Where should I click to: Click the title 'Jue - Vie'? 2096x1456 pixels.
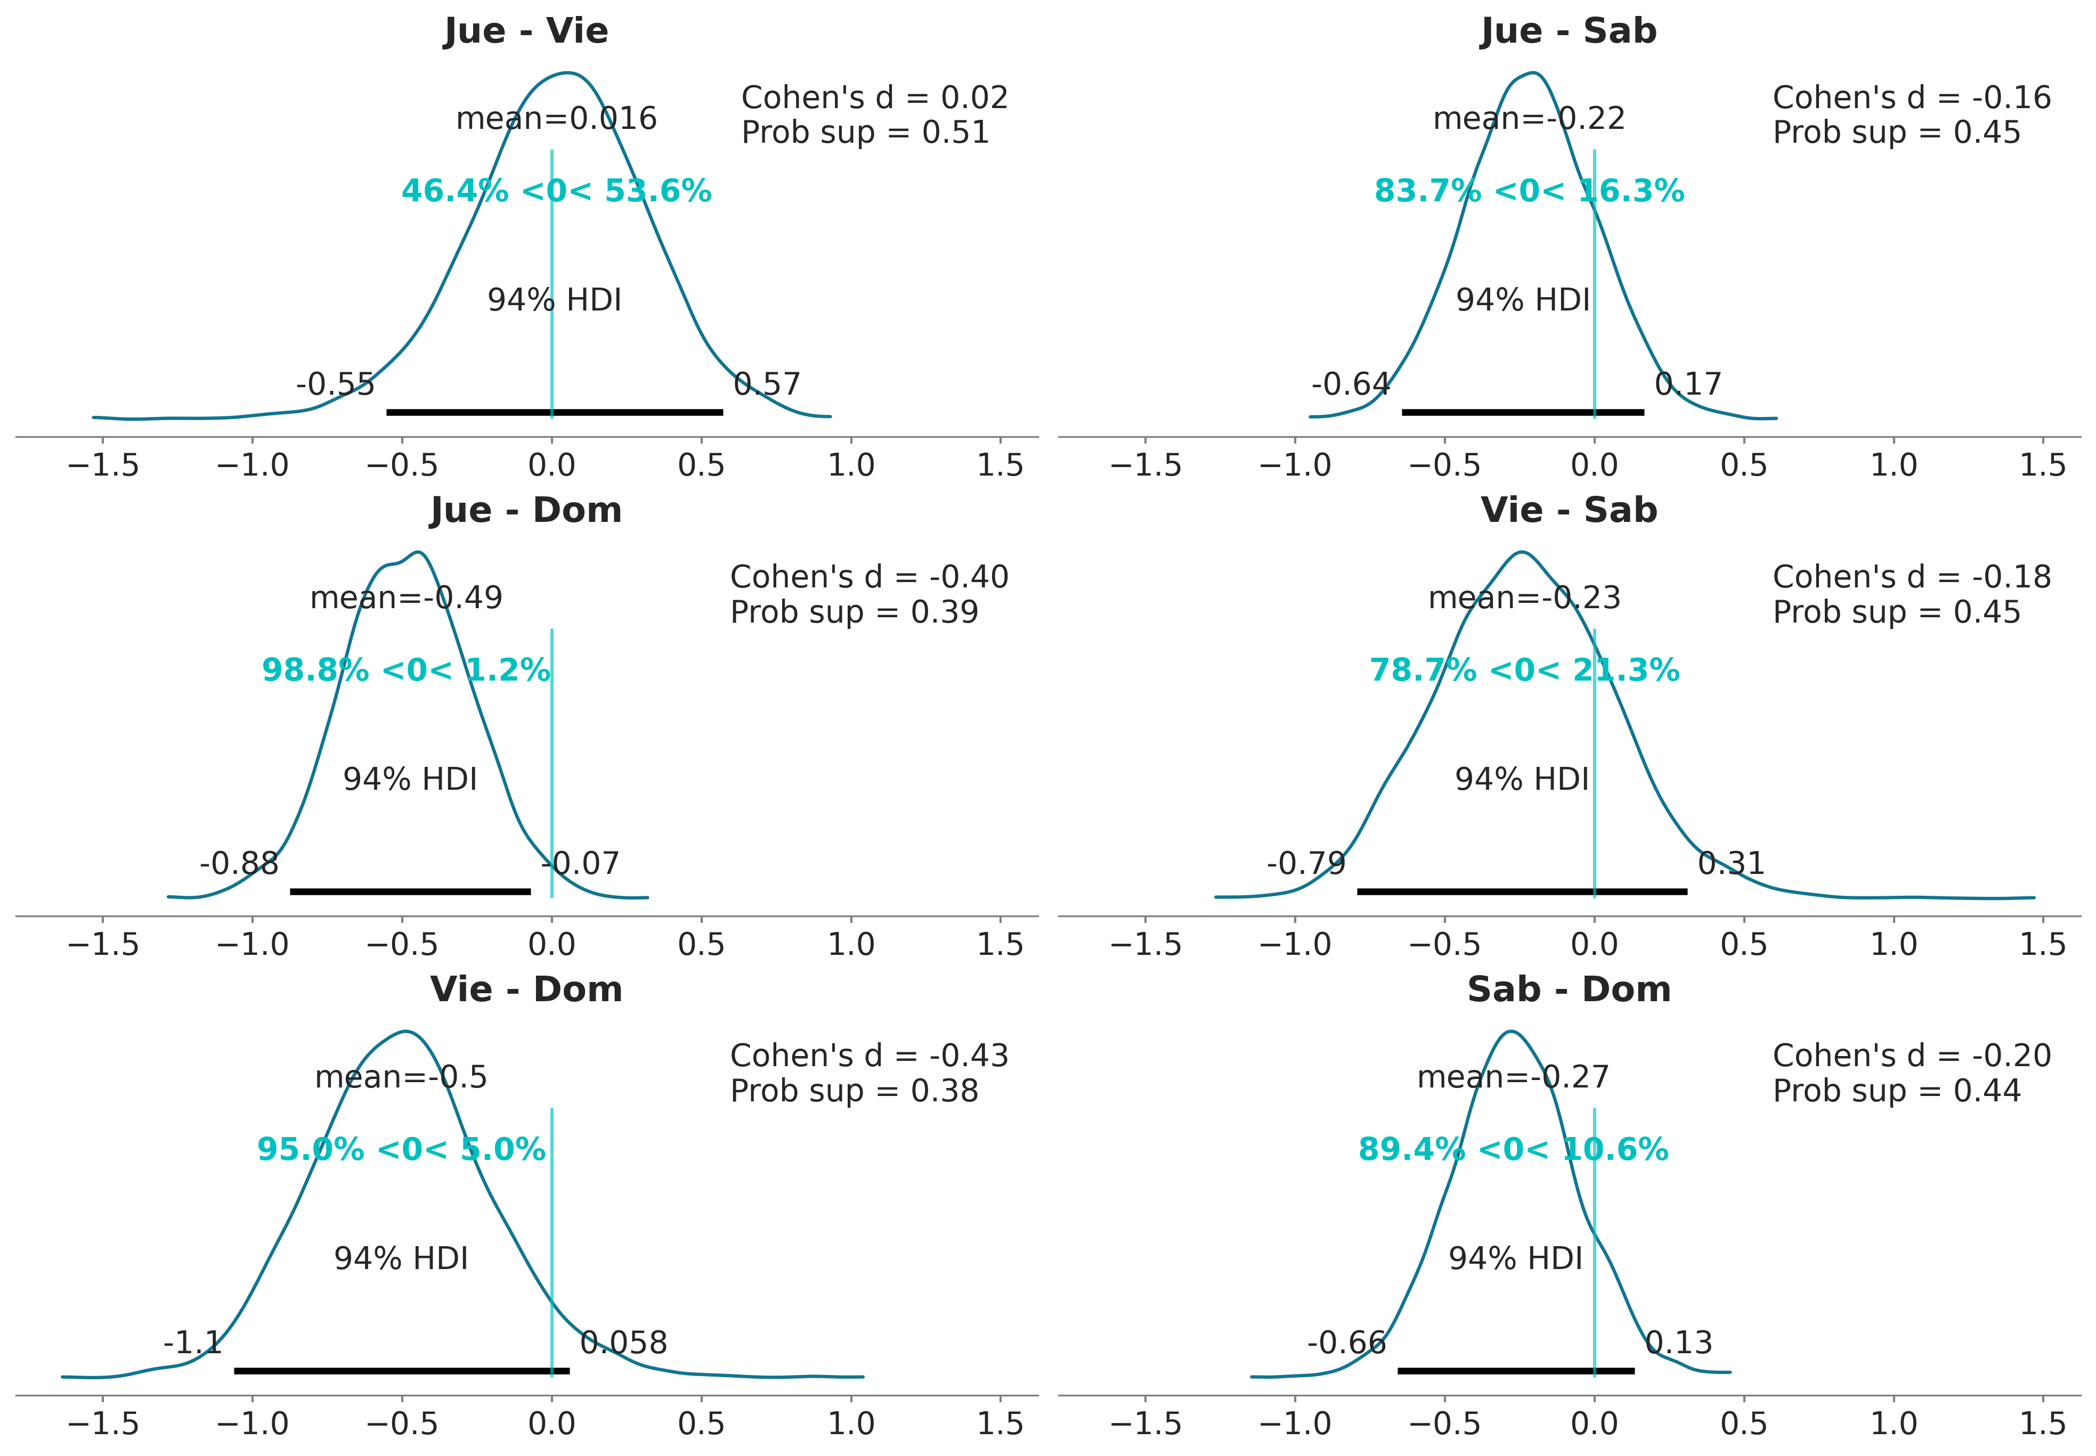point(525,31)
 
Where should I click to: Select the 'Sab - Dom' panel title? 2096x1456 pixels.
point(1569,990)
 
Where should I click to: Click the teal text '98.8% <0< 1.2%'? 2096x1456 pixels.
point(406,670)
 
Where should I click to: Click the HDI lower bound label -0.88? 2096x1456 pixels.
point(239,863)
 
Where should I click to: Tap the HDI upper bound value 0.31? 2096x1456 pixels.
point(1731,863)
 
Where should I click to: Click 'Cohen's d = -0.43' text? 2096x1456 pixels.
point(868,1056)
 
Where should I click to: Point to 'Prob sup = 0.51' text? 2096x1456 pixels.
point(865,133)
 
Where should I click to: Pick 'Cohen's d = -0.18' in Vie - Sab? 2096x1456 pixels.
point(1912,577)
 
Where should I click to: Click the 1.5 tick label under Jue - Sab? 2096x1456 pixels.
point(2042,465)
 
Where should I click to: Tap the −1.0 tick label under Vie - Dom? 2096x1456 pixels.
point(252,1423)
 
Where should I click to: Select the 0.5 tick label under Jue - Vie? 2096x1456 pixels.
point(701,465)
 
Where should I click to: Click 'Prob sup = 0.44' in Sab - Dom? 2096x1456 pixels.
point(1896,1091)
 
